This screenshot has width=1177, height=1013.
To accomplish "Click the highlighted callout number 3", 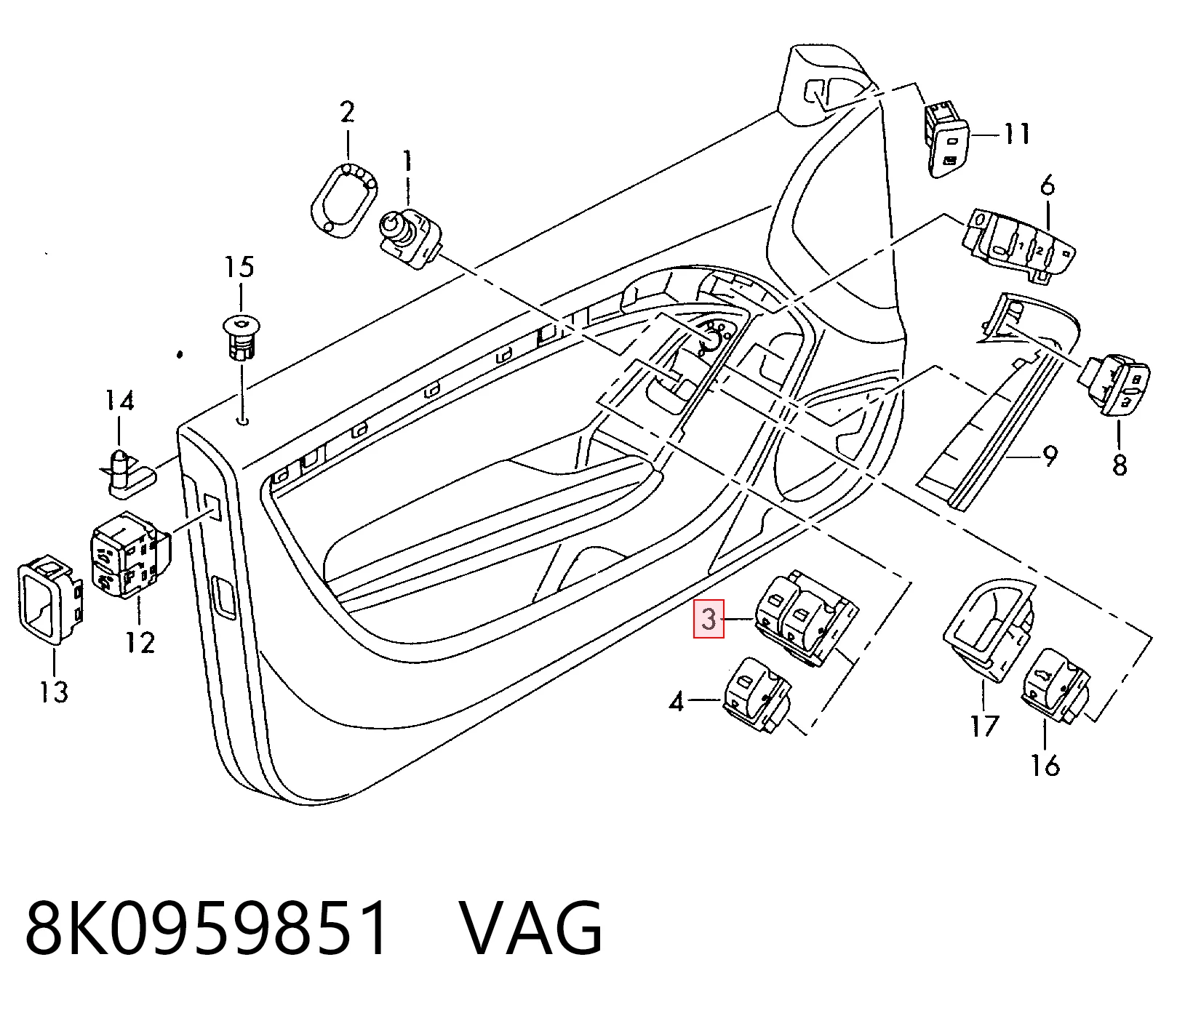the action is pyautogui.click(x=709, y=620).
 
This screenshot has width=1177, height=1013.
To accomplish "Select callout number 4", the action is pyautogui.click(x=677, y=702).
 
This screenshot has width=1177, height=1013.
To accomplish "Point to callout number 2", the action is pyautogui.click(x=347, y=112).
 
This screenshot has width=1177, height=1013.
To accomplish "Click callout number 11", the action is pyautogui.click(x=1016, y=135).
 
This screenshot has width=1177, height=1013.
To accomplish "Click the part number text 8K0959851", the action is pyautogui.click(x=207, y=928).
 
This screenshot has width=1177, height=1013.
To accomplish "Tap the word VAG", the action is pyautogui.click(x=532, y=928).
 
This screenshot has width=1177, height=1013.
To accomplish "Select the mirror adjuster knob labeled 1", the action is pyautogui.click(x=409, y=238).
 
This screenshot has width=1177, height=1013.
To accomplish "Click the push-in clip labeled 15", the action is pyautogui.click(x=241, y=337).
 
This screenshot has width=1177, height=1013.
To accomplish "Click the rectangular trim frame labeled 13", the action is pyautogui.click(x=49, y=601).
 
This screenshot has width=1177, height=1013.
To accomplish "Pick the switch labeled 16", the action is pyautogui.click(x=1056, y=686).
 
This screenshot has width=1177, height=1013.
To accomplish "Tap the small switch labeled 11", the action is pyautogui.click(x=947, y=138).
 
